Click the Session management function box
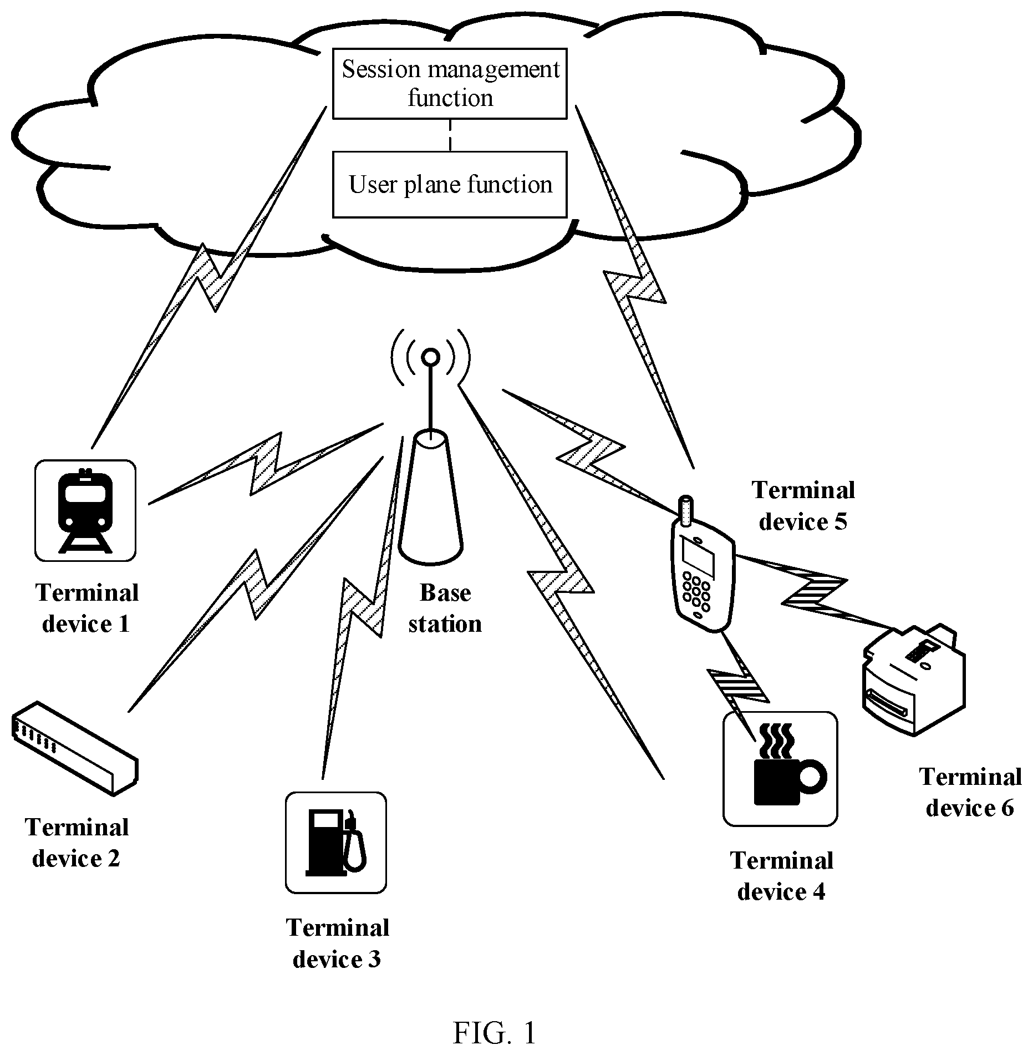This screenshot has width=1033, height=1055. [x=450, y=83]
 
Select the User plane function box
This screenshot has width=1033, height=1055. [x=450, y=184]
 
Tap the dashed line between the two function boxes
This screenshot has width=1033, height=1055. [x=450, y=135]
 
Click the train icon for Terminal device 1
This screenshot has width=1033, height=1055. [x=85, y=510]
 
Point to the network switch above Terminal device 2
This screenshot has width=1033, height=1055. [x=74, y=748]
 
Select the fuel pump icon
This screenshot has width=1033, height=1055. [x=336, y=843]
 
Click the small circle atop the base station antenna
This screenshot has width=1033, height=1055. [x=430, y=357]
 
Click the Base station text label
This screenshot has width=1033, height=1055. [x=445, y=608]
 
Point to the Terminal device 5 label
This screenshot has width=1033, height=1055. [x=803, y=506]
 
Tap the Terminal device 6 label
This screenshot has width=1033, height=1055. [x=970, y=792]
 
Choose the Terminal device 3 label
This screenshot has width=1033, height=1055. [x=337, y=944]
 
